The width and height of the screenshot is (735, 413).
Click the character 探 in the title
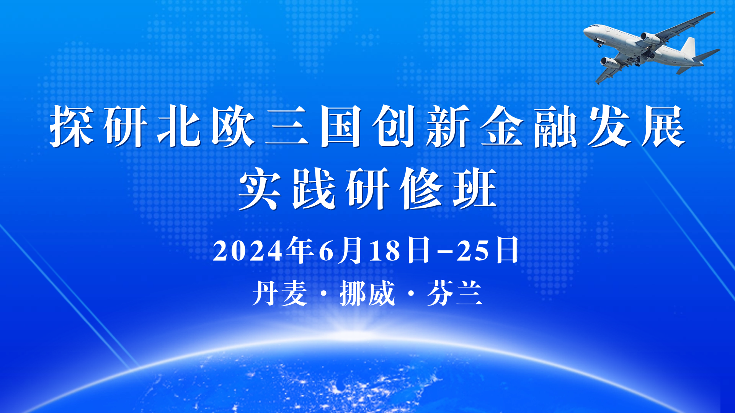tap(72, 126)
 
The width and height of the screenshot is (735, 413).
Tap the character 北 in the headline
tap(180, 126)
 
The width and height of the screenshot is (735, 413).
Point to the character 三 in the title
tap(287, 126)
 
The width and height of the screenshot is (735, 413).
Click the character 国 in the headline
tap(341, 126)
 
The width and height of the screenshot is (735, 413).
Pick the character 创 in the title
tap(395, 126)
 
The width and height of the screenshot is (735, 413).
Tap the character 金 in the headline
tap(502, 126)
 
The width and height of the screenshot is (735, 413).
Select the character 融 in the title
tap(556, 126)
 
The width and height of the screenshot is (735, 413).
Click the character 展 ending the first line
tap(663, 126)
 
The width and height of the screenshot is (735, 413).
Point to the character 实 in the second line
tap(260, 189)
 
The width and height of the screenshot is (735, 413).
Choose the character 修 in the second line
tap(421, 189)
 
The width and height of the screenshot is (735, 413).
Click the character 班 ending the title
tap(475, 189)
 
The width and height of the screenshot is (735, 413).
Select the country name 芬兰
tap(455, 293)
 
